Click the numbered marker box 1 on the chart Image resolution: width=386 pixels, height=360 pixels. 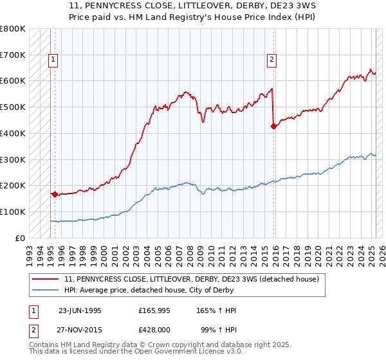[x=53, y=60]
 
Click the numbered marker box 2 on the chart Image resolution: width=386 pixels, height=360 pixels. [x=272, y=60]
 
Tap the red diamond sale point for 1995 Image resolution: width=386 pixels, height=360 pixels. [x=55, y=194]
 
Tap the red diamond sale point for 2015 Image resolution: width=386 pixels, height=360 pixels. [x=273, y=126]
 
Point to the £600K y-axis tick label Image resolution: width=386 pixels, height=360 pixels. [x=13, y=81]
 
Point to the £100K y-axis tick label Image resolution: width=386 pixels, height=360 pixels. [x=13, y=212]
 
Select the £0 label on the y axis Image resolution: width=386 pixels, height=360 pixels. [x=20, y=238]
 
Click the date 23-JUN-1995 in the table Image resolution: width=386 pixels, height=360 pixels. [x=80, y=310]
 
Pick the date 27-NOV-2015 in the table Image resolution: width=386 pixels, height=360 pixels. [x=80, y=329]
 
